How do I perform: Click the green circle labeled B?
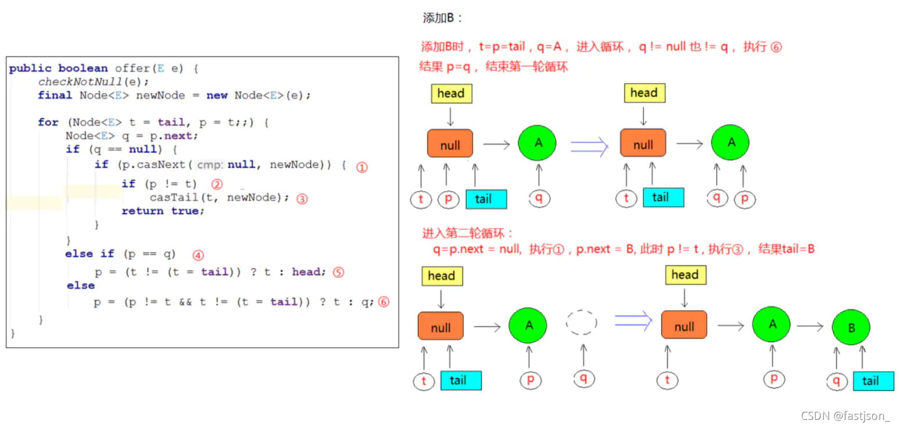(x=851, y=328)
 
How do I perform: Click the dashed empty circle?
(x=582, y=322)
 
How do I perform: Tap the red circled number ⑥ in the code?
(x=383, y=302)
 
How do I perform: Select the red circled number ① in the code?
(x=362, y=167)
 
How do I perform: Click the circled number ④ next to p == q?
(x=198, y=255)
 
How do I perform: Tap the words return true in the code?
(x=163, y=211)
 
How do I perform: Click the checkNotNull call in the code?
(x=86, y=81)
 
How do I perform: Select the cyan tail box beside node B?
(x=873, y=381)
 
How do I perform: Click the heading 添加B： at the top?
(x=443, y=18)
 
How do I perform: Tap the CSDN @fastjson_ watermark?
(x=845, y=416)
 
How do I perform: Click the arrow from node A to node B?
(x=810, y=328)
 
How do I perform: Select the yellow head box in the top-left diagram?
(x=450, y=93)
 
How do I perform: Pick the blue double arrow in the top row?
(x=589, y=145)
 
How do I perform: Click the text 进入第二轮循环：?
(x=468, y=233)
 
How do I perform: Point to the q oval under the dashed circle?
(x=583, y=379)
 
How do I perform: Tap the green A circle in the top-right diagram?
(x=730, y=142)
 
